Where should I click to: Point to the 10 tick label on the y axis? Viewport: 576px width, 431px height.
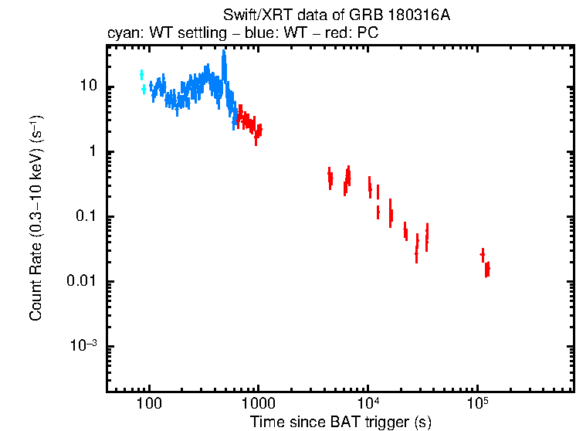click(88, 86)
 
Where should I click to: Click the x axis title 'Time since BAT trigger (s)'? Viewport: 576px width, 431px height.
click(341, 423)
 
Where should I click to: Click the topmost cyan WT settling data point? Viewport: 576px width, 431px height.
click(141, 74)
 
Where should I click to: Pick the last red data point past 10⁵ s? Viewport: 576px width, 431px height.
click(487, 269)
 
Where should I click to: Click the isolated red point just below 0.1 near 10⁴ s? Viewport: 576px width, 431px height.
click(378, 211)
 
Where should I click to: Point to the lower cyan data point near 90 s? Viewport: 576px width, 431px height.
click(144, 90)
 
